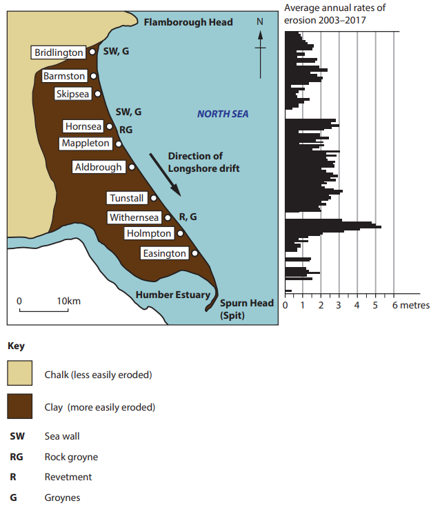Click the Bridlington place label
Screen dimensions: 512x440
tap(59, 52)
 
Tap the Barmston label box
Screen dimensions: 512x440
tap(64, 76)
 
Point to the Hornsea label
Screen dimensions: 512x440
tap(83, 126)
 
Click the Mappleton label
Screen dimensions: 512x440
tap(86, 144)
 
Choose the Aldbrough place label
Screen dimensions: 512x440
tap(99, 167)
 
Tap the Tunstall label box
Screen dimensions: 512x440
tap(127, 198)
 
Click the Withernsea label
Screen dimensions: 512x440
tap(134, 217)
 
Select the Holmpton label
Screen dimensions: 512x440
tap(148, 234)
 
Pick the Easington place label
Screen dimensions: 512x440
tap(164, 253)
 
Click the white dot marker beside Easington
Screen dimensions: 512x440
tap(195, 253)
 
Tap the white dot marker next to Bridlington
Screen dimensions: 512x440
tap(92, 52)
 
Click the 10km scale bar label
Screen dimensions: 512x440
tap(69, 302)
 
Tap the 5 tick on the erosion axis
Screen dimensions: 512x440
tap(375, 305)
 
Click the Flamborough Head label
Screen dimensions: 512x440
tap(188, 22)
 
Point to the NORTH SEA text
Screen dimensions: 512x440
tap(223, 114)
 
